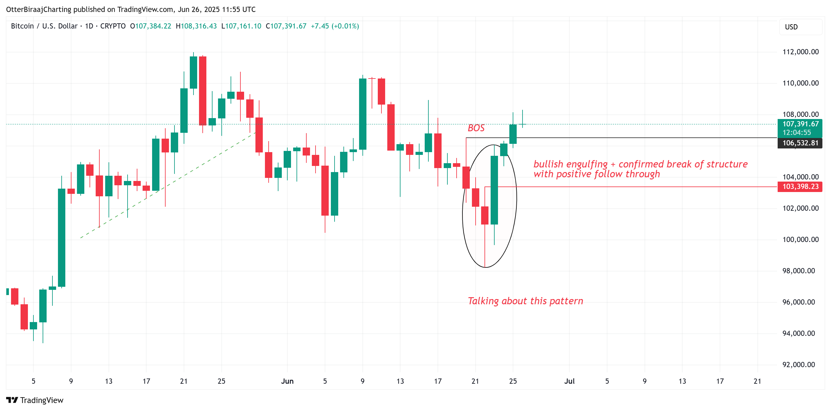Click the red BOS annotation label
click(x=476, y=128)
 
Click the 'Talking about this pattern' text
click(x=525, y=301)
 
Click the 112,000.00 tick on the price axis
click(x=800, y=52)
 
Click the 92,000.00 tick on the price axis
click(x=800, y=365)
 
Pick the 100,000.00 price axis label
click(x=800, y=239)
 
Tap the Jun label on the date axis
click(x=287, y=381)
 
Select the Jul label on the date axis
click(x=569, y=381)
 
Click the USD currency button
click(x=791, y=27)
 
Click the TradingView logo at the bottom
click(x=35, y=400)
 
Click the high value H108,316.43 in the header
click(x=196, y=26)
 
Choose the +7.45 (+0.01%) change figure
click(x=335, y=26)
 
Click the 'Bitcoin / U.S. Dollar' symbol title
click(x=44, y=26)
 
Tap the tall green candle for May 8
click(x=62, y=237)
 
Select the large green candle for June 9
click(x=362, y=114)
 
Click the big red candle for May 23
click(x=203, y=91)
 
